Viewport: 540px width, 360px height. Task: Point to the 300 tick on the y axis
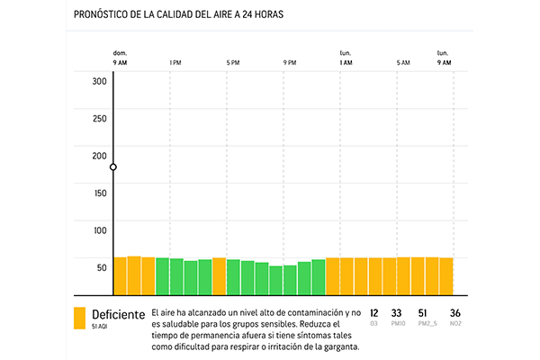click(x=99, y=81)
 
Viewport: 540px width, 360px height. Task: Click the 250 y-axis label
click(x=99, y=119)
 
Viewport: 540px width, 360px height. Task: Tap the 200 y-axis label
click(x=99, y=156)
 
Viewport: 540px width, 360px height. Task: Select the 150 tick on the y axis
click(x=99, y=193)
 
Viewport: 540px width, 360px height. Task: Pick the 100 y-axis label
click(x=99, y=230)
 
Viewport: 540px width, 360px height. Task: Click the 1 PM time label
click(x=175, y=63)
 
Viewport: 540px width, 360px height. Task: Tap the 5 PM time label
click(x=233, y=63)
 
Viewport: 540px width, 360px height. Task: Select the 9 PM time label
click(x=290, y=63)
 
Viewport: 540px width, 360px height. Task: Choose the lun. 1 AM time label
click(x=346, y=58)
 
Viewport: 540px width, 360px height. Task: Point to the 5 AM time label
click(x=403, y=63)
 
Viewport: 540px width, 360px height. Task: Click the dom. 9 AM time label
click(x=120, y=58)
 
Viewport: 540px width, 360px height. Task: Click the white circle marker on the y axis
click(x=113, y=167)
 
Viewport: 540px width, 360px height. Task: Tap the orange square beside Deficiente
click(x=80, y=318)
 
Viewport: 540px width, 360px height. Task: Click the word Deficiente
click(x=118, y=314)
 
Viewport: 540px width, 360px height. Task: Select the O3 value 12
click(x=373, y=313)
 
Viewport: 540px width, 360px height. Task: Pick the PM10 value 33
click(x=396, y=313)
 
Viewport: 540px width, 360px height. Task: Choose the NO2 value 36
click(x=454, y=313)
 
